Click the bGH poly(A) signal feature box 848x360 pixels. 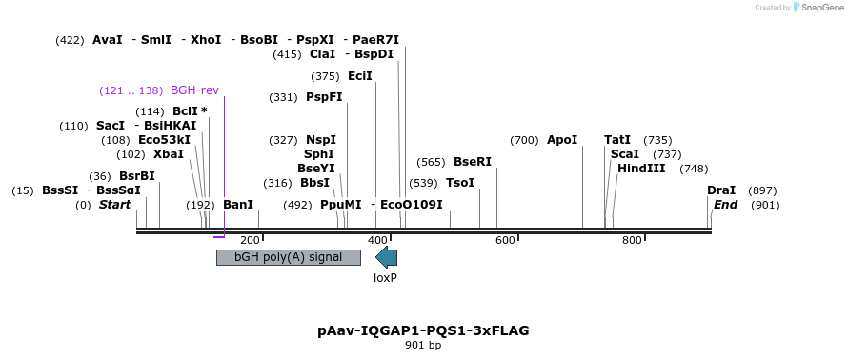[x=289, y=257]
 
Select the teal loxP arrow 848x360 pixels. [x=386, y=256]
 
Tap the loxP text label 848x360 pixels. [x=385, y=278]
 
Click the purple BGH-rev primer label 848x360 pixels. [x=194, y=90]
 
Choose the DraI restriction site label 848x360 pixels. [x=721, y=190]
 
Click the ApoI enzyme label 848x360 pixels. [x=562, y=140]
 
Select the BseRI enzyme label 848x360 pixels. [x=473, y=162]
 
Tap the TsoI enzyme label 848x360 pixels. [x=460, y=183]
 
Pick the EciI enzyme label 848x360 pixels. [x=360, y=76]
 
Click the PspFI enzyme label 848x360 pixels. [x=324, y=97]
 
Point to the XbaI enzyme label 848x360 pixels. [x=169, y=154]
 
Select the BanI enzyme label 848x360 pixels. [x=238, y=205]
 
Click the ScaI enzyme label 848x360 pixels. [x=625, y=154]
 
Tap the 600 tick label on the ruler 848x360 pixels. [x=505, y=240]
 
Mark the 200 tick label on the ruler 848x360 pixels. [x=250, y=240]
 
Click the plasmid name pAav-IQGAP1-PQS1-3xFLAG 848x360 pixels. [x=423, y=330]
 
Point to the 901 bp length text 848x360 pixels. [x=423, y=345]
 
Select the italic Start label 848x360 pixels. [x=114, y=205]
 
